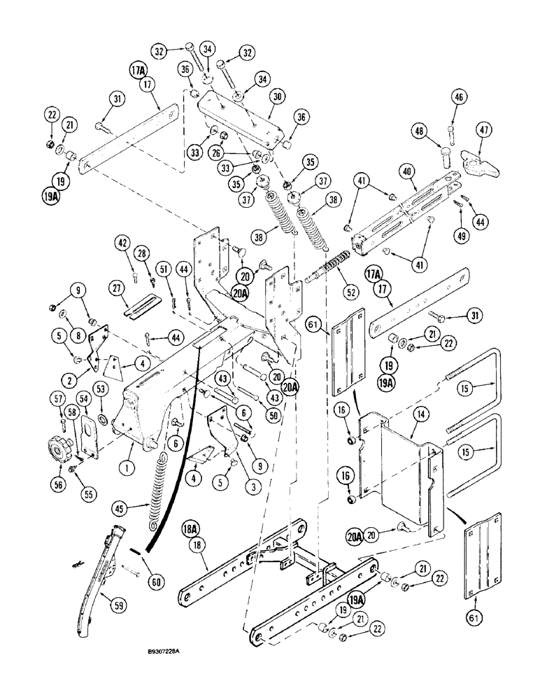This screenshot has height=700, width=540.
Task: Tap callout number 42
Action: click(x=124, y=244)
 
